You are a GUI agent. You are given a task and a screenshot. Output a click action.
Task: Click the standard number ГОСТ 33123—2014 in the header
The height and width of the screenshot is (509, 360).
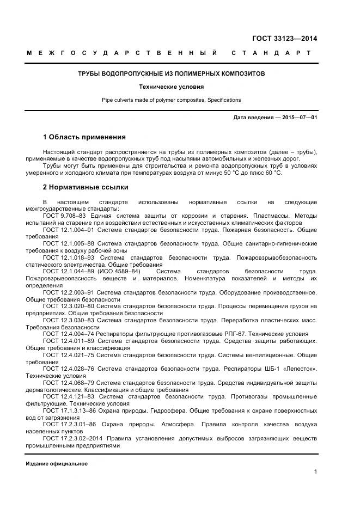tap(284, 38)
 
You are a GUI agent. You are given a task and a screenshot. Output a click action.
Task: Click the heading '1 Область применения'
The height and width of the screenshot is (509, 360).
tap(84, 137)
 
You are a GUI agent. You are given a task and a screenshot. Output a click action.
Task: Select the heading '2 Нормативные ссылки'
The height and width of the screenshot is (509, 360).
tap(86, 187)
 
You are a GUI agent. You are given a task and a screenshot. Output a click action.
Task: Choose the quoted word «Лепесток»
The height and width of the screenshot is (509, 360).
tap(300, 369)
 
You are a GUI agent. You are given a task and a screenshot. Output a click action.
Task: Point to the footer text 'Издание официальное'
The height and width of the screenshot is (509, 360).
tap(57, 464)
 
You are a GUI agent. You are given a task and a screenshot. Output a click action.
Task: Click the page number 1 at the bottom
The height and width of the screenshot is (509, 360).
tap(315, 471)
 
